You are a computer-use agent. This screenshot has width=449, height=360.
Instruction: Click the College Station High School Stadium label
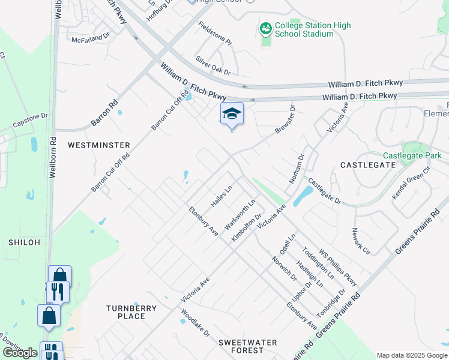[312, 29]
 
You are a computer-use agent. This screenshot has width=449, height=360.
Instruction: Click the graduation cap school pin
[232, 114]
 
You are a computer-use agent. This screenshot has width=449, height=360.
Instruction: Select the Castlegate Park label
[412, 155]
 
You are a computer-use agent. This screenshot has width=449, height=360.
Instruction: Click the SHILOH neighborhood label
[24, 242]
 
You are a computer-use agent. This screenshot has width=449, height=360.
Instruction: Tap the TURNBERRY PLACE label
[131, 312]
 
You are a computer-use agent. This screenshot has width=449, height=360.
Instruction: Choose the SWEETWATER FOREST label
[248, 346]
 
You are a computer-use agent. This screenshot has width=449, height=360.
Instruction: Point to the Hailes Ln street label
[221, 196]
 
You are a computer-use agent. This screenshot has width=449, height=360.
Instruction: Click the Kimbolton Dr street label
[247, 228]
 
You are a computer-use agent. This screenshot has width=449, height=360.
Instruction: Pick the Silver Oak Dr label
[212, 65]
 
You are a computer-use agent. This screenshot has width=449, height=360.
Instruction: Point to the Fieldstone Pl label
[215, 33]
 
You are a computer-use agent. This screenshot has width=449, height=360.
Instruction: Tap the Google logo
[20, 353]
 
